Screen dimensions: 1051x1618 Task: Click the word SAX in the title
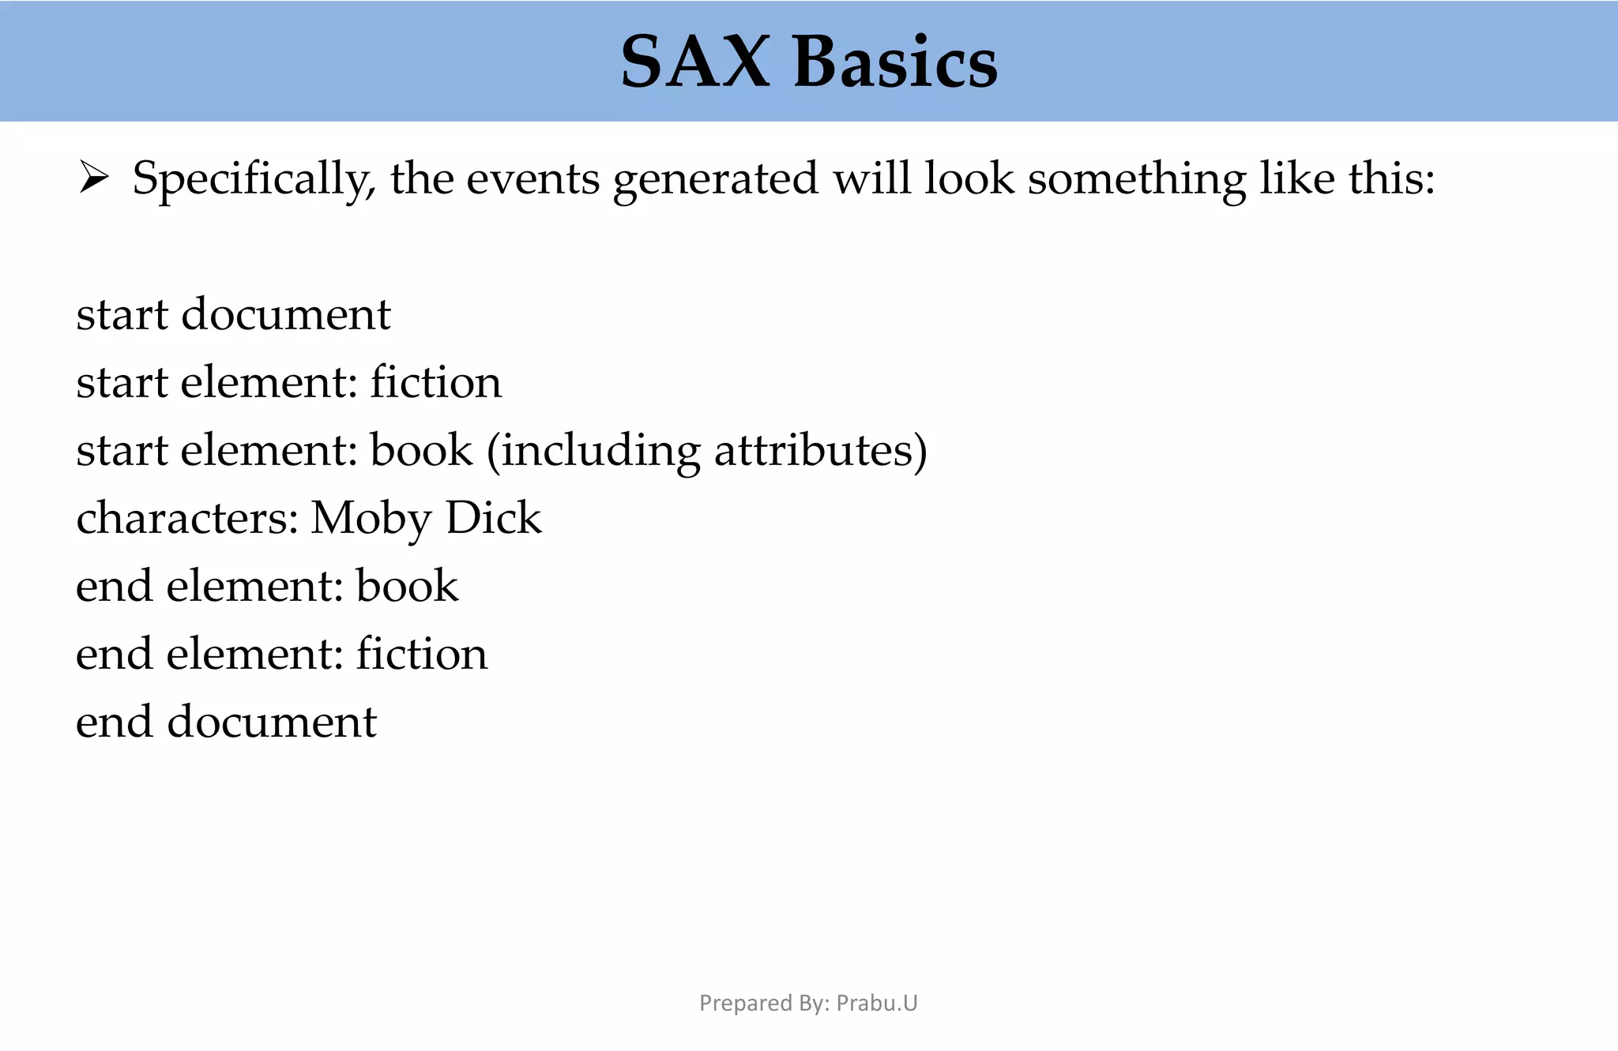click(x=694, y=62)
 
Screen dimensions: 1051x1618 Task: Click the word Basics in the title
click(x=895, y=62)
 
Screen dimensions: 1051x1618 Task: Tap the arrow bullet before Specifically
click(x=93, y=178)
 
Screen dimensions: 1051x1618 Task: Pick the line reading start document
click(x=233, y=314)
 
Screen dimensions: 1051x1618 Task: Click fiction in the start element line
click(x=435, y=382)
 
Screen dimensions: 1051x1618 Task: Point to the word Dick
click(x=494, y=518)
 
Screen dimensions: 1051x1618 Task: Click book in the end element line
click(x=407, y=586)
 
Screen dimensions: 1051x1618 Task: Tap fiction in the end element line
click(x=421, y=654)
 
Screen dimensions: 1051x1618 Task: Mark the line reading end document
click(x=226, y=722)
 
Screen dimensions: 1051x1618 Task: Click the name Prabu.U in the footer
click(x=877, y=1003)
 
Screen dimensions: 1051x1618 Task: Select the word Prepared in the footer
click(x=735, y=1004)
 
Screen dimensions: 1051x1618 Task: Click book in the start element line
click(x=421, y=450)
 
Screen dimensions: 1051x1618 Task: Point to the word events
click(x=532, y=178)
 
